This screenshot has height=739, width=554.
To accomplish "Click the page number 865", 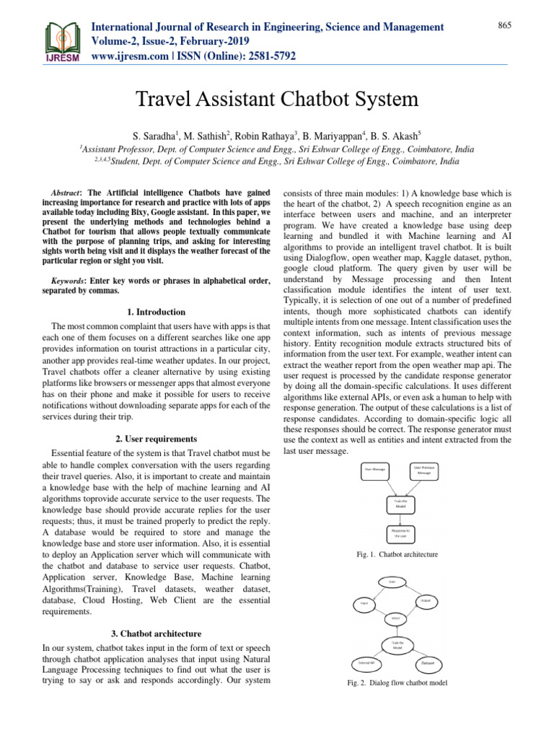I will [x=504, y=26].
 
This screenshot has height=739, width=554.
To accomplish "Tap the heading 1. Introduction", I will [x=156, y=312].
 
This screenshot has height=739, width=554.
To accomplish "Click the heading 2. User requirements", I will [x=156, y=438].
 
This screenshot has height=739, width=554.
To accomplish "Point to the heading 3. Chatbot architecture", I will [x=156, y=633].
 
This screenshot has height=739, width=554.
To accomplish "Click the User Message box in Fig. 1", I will [x=375, y=469].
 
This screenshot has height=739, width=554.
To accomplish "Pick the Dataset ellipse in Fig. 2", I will [x=428, y=663].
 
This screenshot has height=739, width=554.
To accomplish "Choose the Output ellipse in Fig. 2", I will [x=426, y=600].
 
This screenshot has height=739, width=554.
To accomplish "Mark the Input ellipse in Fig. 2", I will [x=364, y=603].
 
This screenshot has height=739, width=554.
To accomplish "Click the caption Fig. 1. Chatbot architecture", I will [x=397, y=554].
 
